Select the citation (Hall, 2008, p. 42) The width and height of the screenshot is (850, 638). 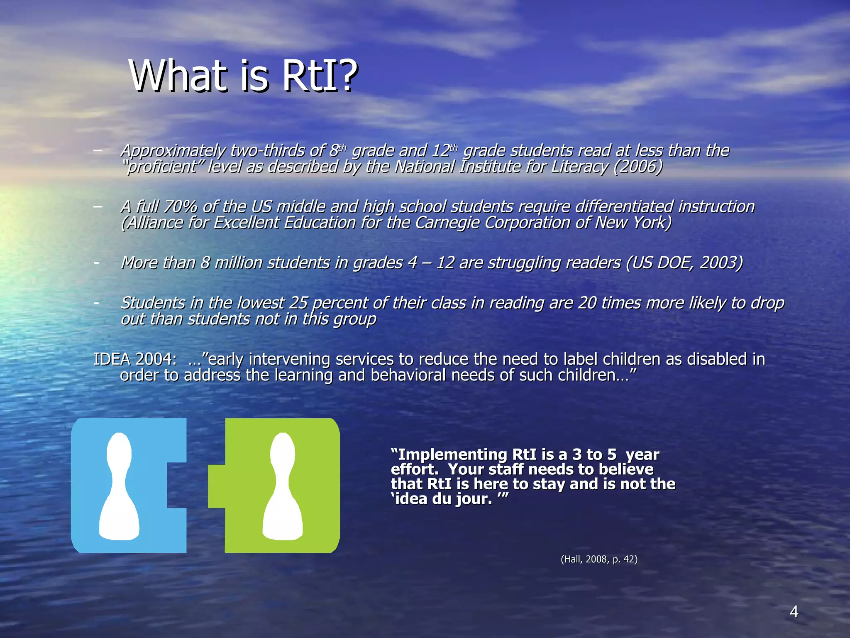(599, 559)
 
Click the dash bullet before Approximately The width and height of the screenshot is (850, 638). (98, 150)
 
